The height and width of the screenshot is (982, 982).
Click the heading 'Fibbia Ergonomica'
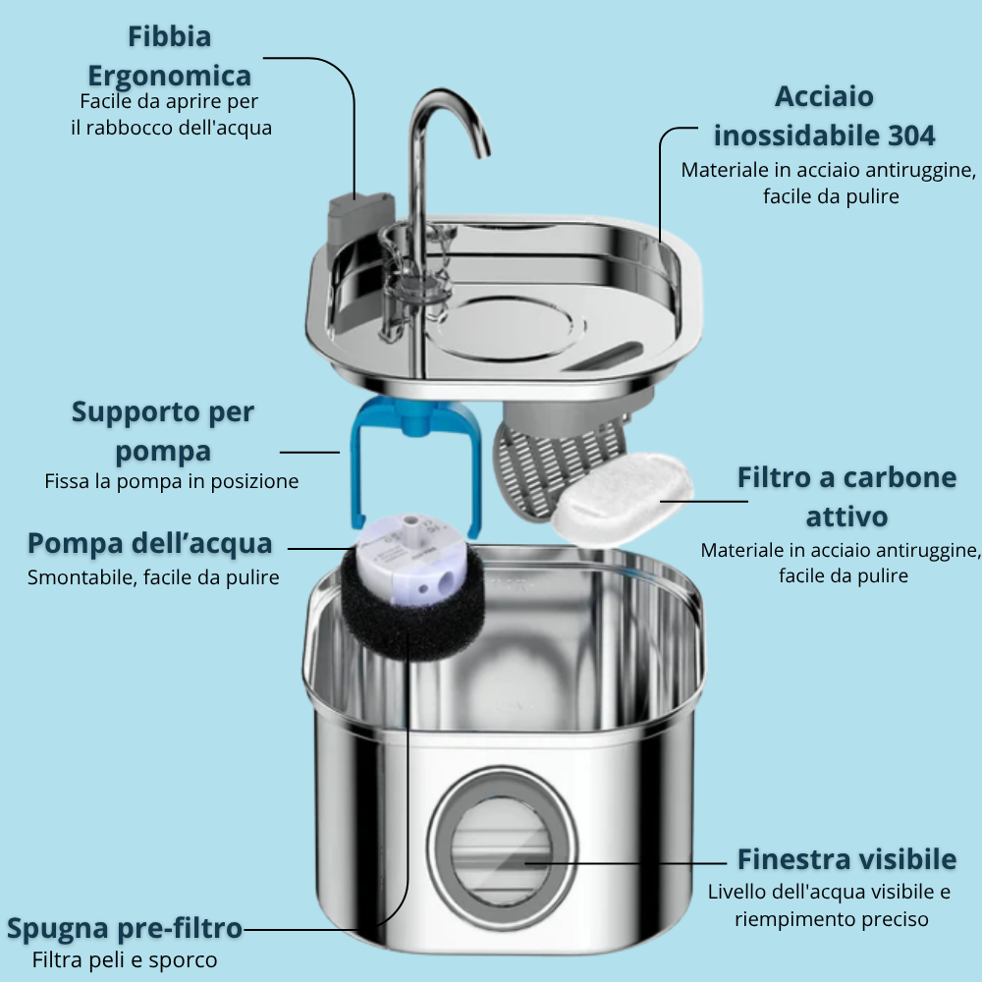coord(169,56)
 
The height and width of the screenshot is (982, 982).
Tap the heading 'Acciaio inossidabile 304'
coord(824,115)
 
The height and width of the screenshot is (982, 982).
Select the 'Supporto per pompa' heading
coord(163,432)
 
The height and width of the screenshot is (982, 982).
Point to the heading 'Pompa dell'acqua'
coord(150,543)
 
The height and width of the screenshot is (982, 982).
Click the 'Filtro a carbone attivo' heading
coord(846,497)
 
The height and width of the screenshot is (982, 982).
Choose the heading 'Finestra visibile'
coord(846,859)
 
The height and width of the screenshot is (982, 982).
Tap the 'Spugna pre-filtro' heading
coord(124,928)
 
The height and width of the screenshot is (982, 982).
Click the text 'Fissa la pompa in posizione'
coord(172,481)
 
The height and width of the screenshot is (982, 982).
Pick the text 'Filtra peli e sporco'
coord(125,959)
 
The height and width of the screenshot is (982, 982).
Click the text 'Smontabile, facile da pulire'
coord(153,576)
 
